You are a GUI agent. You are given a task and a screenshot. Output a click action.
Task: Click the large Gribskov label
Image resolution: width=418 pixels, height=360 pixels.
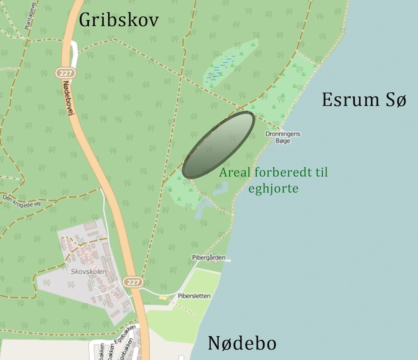point(119,19)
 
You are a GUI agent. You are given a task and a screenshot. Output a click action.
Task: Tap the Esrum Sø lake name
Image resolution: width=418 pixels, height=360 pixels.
point(364,100)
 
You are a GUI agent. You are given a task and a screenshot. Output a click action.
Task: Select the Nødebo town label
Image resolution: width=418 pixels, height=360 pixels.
point(242,343)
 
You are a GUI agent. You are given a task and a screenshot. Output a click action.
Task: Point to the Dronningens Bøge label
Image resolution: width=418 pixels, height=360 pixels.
point(283,138)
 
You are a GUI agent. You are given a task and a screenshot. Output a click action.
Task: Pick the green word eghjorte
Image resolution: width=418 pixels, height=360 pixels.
point(273,189)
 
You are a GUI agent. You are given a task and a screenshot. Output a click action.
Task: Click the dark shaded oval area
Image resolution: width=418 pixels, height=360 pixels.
point(219,145)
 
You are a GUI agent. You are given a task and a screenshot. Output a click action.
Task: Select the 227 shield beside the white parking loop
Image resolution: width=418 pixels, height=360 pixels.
point(65,73)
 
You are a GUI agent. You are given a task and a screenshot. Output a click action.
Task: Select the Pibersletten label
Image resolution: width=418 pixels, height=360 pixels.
point(194,296)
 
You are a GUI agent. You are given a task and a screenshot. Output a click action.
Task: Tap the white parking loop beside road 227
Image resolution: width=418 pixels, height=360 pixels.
point(74,54)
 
